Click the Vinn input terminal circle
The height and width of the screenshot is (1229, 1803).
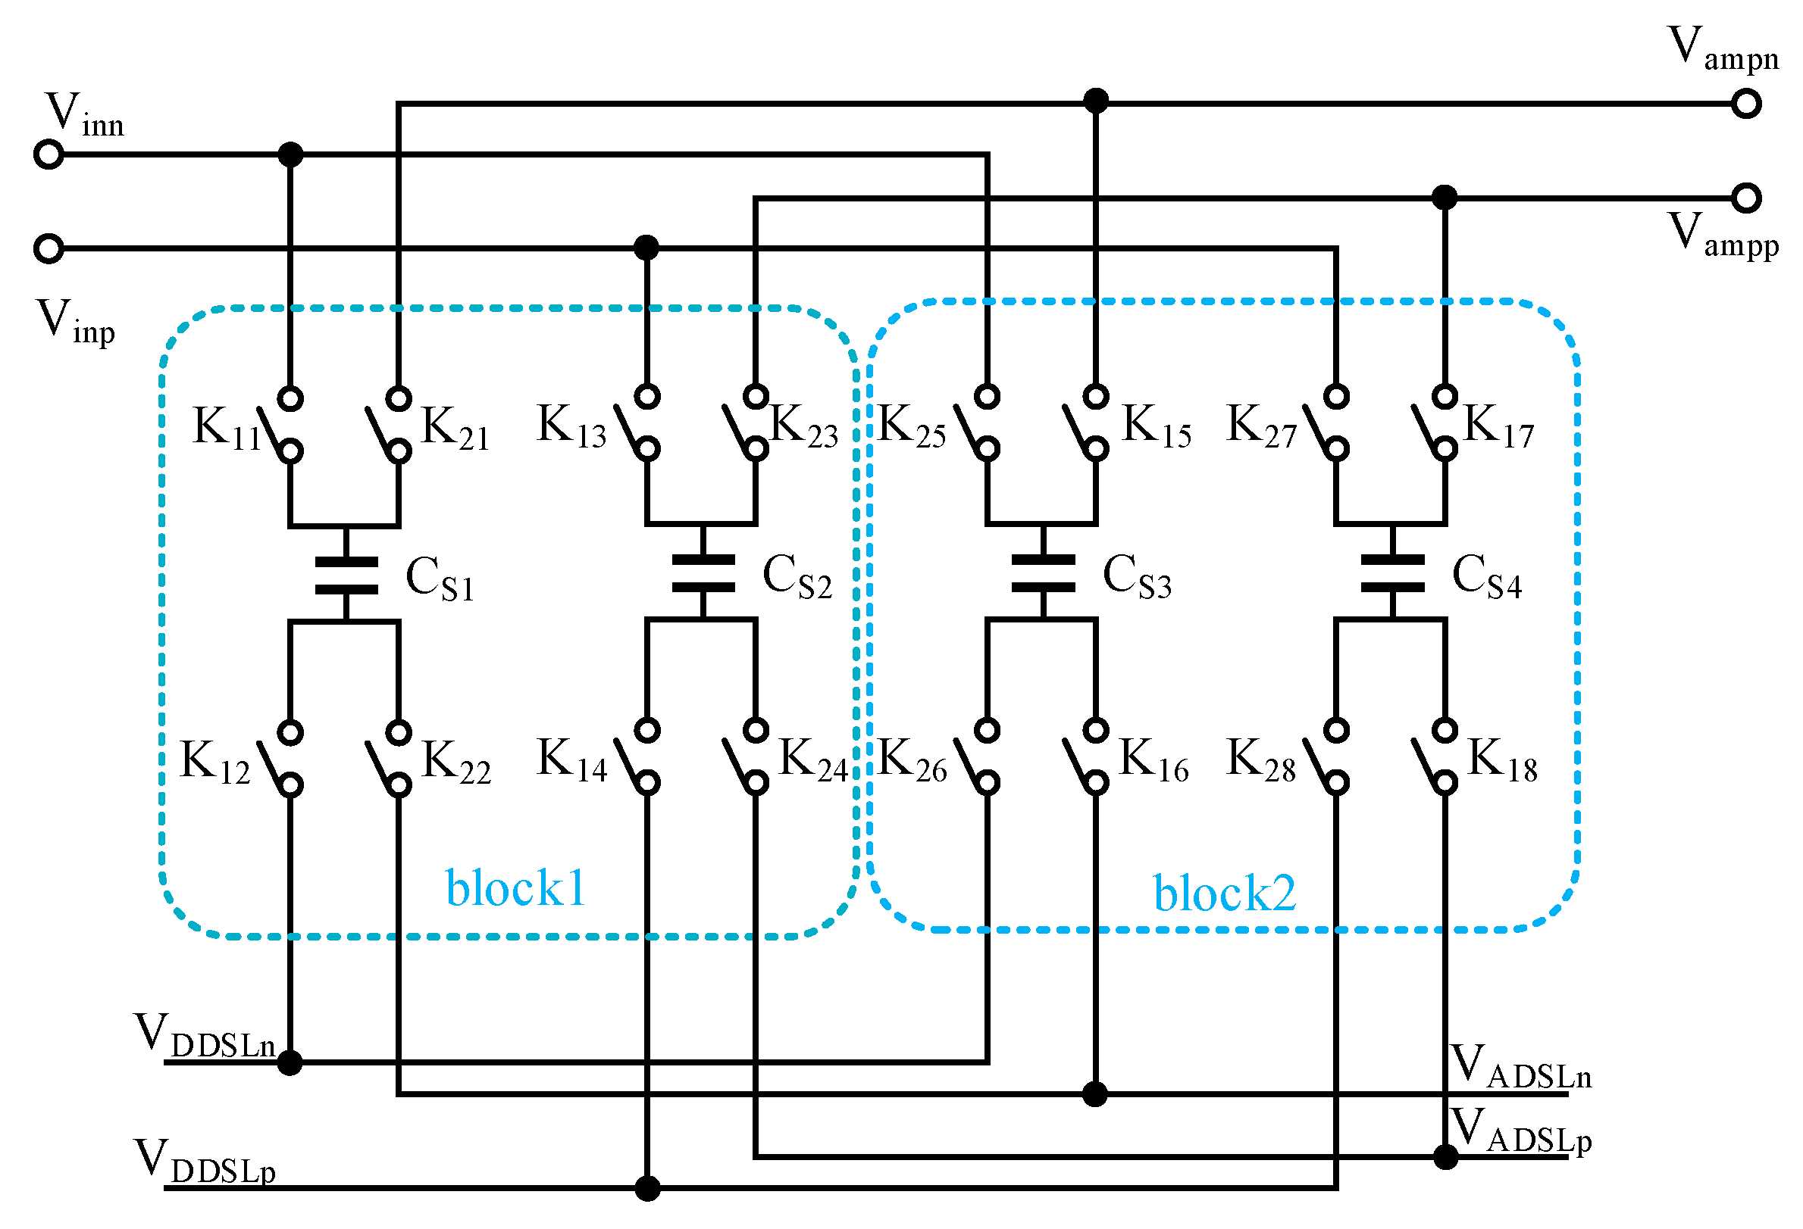(48, 155)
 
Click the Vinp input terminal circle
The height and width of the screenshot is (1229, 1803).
(48, 249)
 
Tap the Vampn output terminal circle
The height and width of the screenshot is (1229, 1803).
(1745, 103)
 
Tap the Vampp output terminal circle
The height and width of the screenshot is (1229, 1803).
(1745, 198)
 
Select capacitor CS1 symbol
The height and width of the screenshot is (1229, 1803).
(346, 575)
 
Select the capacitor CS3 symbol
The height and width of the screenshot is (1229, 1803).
(1043, 573)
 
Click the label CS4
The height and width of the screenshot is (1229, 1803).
(1485, 577)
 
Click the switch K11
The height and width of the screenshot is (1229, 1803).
(281, 425)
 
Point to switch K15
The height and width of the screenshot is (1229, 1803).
(1085, 423)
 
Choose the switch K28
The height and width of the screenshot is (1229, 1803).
(1326, 756)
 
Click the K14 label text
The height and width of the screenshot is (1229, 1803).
(571, 760)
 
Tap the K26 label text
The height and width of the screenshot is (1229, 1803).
(912, 760)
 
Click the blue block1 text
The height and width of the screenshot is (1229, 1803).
(515, 888)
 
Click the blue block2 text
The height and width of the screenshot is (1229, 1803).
(1223, 894)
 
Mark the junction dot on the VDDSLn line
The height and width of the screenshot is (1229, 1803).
(290, 1063)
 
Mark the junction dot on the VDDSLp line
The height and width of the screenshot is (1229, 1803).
(647, 1188)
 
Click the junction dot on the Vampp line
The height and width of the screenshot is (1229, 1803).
(1444, 198)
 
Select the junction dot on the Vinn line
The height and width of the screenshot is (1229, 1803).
(290, 155)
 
